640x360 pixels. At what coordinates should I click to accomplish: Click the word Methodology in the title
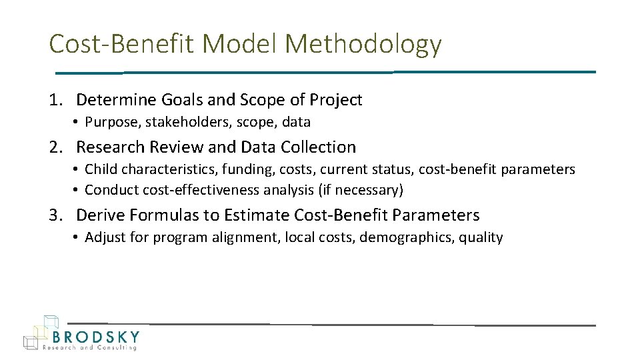tap(363, 45)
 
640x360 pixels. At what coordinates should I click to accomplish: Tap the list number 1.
tap(55, 100)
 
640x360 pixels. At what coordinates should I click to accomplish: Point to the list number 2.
tap(55, 147)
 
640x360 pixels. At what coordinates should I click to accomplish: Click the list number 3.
tap(55, 215)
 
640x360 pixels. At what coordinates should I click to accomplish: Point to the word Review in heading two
tap(175, 147)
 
